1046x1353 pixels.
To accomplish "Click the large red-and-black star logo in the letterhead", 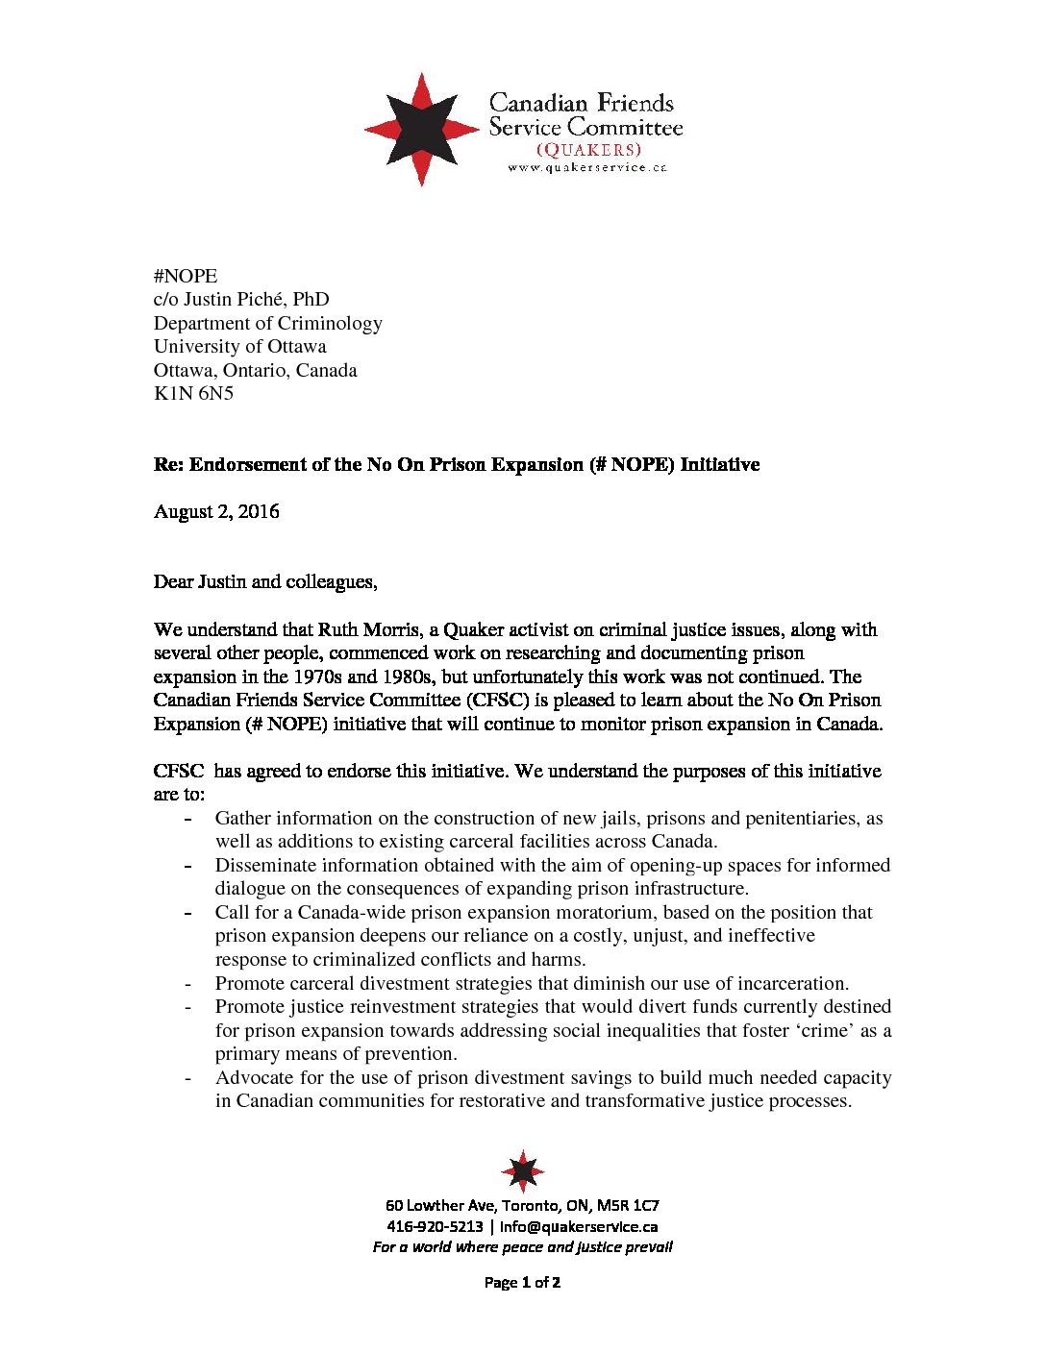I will tap(421, 129).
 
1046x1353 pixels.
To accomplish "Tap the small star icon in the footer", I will tap(522, 1171).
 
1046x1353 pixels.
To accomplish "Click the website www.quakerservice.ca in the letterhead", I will tap(586, 168).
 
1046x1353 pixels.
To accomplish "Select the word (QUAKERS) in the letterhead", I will tap(588, 150).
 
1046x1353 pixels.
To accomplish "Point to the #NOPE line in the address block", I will tap(186, 276).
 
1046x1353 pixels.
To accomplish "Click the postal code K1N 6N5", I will tap(193, 393).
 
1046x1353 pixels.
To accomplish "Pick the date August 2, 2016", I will tap(216, 511).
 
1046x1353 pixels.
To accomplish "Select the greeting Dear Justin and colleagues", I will tap(265, 581).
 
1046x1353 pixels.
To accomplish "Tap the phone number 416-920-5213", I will tap(435, 1226).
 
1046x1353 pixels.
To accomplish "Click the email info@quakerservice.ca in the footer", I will tap(578, 1226).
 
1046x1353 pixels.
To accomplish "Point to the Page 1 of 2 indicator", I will tap(522, 1282).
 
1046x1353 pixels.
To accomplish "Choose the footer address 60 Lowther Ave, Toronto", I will tap(522, 1205).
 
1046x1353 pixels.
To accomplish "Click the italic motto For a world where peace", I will tap(522, 1247).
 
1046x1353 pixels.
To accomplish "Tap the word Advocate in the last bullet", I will tap(253, 1078).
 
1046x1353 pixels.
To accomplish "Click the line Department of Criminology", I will tap(267, 323).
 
